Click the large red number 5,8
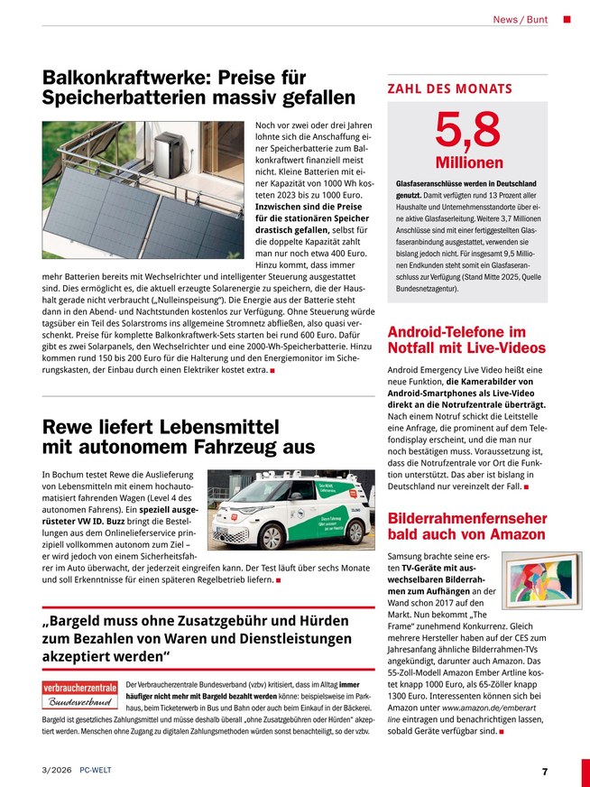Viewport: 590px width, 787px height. (467, 130)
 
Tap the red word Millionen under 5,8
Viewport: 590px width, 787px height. (467, 163)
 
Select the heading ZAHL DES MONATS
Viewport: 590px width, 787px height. (449, 89)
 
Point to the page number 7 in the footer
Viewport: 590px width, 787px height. (545, 771)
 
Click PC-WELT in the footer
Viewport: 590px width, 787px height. (96, 771)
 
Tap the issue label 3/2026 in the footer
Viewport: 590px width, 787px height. (57, 771)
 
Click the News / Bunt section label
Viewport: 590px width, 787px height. (521, 19)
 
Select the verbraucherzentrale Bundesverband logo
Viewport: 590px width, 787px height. (79, 694)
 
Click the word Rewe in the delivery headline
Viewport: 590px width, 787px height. (70, 426)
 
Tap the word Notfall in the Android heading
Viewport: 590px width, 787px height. (419, 347)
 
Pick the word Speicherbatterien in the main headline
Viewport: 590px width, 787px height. (132, 97)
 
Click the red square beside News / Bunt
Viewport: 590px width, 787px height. (567, 19)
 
